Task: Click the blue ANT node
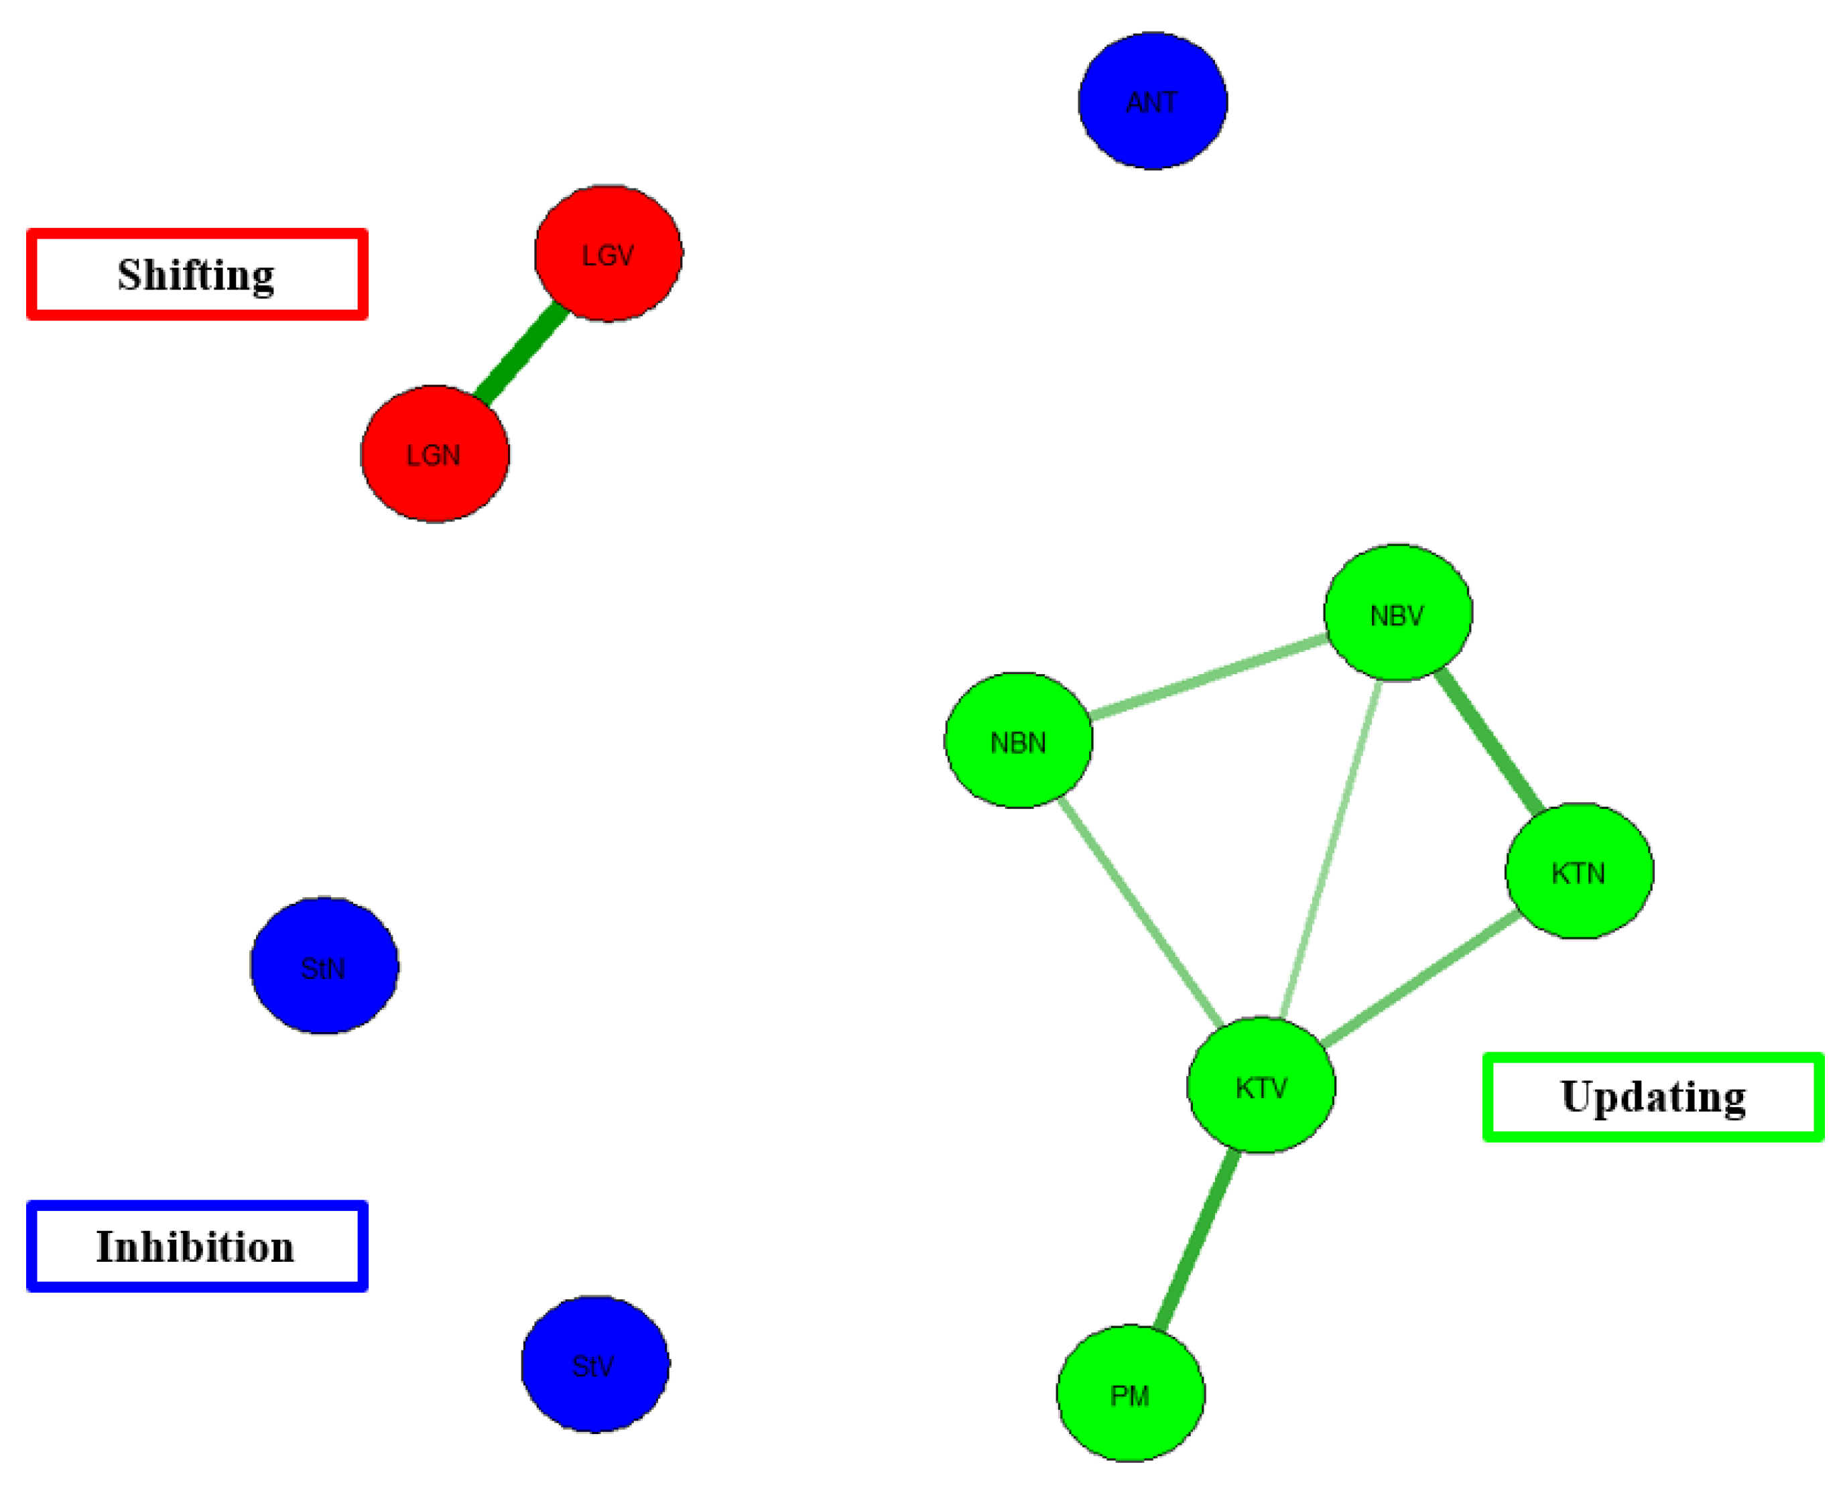click(1152, 101)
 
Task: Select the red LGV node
click(608, 254)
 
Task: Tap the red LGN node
click(435, 454)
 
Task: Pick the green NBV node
click(1398, 613)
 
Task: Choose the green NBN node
click(1018, 740)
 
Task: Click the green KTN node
click(1579, 871)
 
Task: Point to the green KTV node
click(1261, 1086)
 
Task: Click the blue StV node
click(594, 1364)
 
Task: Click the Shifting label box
click(197, 275)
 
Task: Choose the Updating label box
click(1653, 1097)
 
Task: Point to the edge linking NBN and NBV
click(1208, 677)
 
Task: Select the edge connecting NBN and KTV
click(1141, 913)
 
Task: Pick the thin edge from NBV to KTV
click(1330, 849)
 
